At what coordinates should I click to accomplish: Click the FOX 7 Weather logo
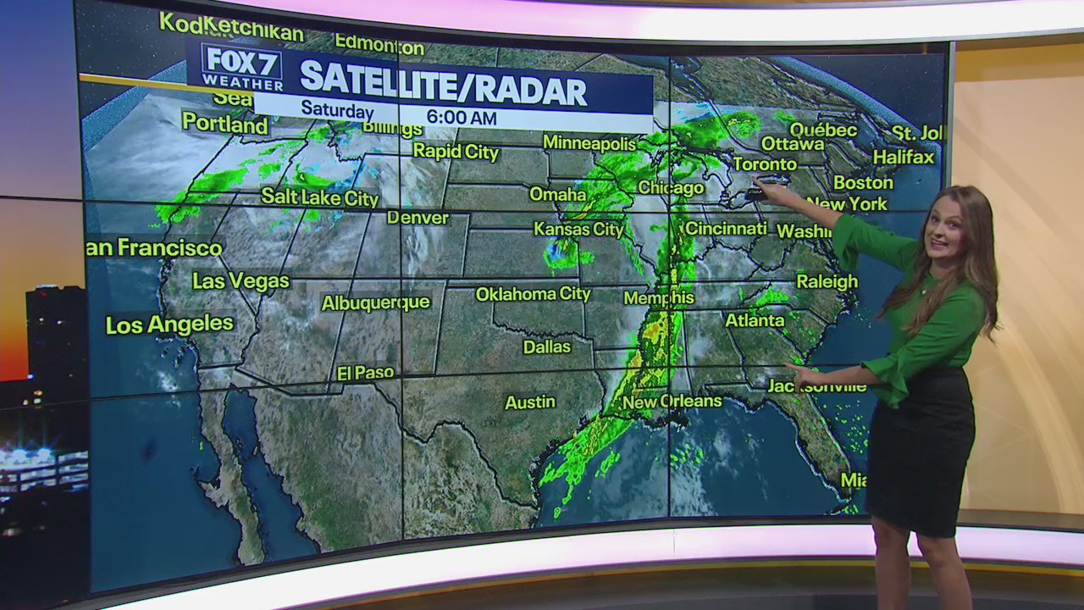click(x=241, y=67)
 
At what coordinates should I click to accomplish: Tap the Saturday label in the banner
click(x=337, y=110)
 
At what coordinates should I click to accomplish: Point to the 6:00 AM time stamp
click(x=461, y=118)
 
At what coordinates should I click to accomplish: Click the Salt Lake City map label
click(x=319, y=197)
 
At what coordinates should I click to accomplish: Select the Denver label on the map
click(x=418, y=218)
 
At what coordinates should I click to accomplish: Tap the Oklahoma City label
click(x=533, y=294)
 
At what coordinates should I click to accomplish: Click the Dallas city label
click(x=546, y=347)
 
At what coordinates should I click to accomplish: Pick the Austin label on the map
click(x=530, y=402)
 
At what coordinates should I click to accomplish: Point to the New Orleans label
click(x=672, y=402)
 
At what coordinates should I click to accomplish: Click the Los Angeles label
click(x=169, y=324)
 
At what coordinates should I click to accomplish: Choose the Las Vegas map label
click(x=241, y=280)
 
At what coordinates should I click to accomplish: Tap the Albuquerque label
click(x=375, y=302)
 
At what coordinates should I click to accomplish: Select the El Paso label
click(x=365, y=373)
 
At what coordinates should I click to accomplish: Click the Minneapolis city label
click(x=589, y=143)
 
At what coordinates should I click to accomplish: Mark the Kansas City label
click(x=578, y=229)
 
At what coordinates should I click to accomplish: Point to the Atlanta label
click(x=755, y=320)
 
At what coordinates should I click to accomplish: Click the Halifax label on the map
click(x=903, y=157)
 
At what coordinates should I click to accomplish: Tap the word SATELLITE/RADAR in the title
click(x=443, y=88)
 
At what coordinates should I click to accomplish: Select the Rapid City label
click(x=456, y=152)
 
